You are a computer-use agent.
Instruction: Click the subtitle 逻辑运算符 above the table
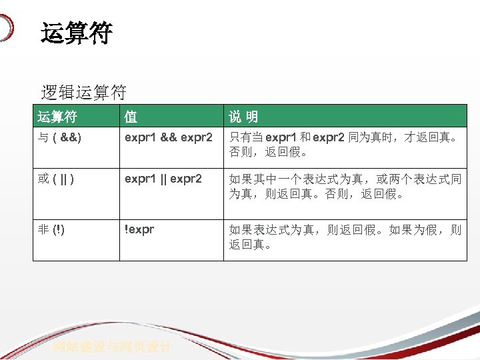coord(83,92)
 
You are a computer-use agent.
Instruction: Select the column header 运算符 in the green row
coord(57,117)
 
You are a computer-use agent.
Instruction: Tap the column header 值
coord(131,117)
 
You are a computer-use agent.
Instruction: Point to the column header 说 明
coord(243,117)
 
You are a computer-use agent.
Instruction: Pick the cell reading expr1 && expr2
coord(168,138)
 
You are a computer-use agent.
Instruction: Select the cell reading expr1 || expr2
coord(163,179)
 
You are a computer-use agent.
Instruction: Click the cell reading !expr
coord(139,230)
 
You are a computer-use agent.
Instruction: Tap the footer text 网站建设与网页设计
coord(113,347)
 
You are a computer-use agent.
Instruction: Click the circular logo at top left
coord(5,28)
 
